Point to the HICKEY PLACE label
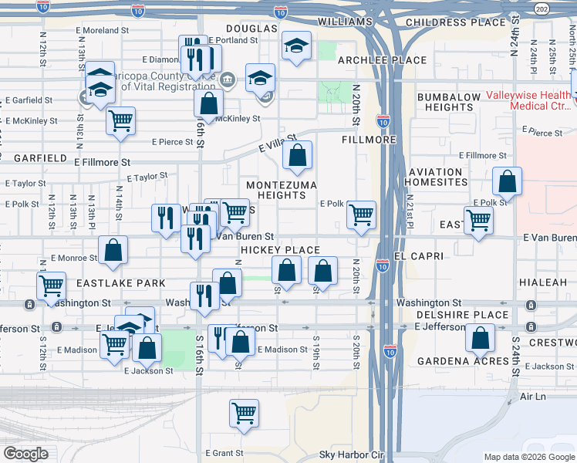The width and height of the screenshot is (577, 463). [x=279, y=250]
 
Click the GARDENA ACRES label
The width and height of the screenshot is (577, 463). [x=454, y=361]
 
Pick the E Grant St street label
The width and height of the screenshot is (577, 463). [x=224, y=453]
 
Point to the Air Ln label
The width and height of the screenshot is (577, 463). [x=532, y=396]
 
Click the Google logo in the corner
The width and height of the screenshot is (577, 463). [x=25, y=454]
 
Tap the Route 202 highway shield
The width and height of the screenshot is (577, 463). [x=542, y=9]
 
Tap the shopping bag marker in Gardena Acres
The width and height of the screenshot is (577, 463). [x=481, y=337]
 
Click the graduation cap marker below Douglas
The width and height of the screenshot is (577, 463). [x=296, y=46]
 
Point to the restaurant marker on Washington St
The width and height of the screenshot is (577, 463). [x=204, y=297]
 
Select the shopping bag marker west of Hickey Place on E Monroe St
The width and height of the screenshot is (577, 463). [x=113, y=250]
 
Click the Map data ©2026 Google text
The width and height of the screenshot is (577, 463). [x=529, y=457]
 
